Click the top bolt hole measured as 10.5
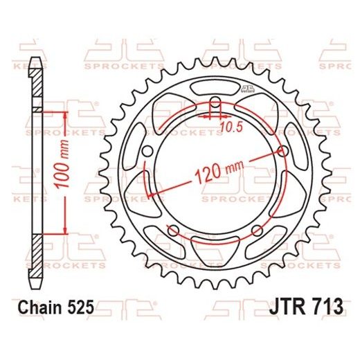(214, 108)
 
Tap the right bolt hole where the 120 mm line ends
(282, 151)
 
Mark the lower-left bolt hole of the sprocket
(172, 231)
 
